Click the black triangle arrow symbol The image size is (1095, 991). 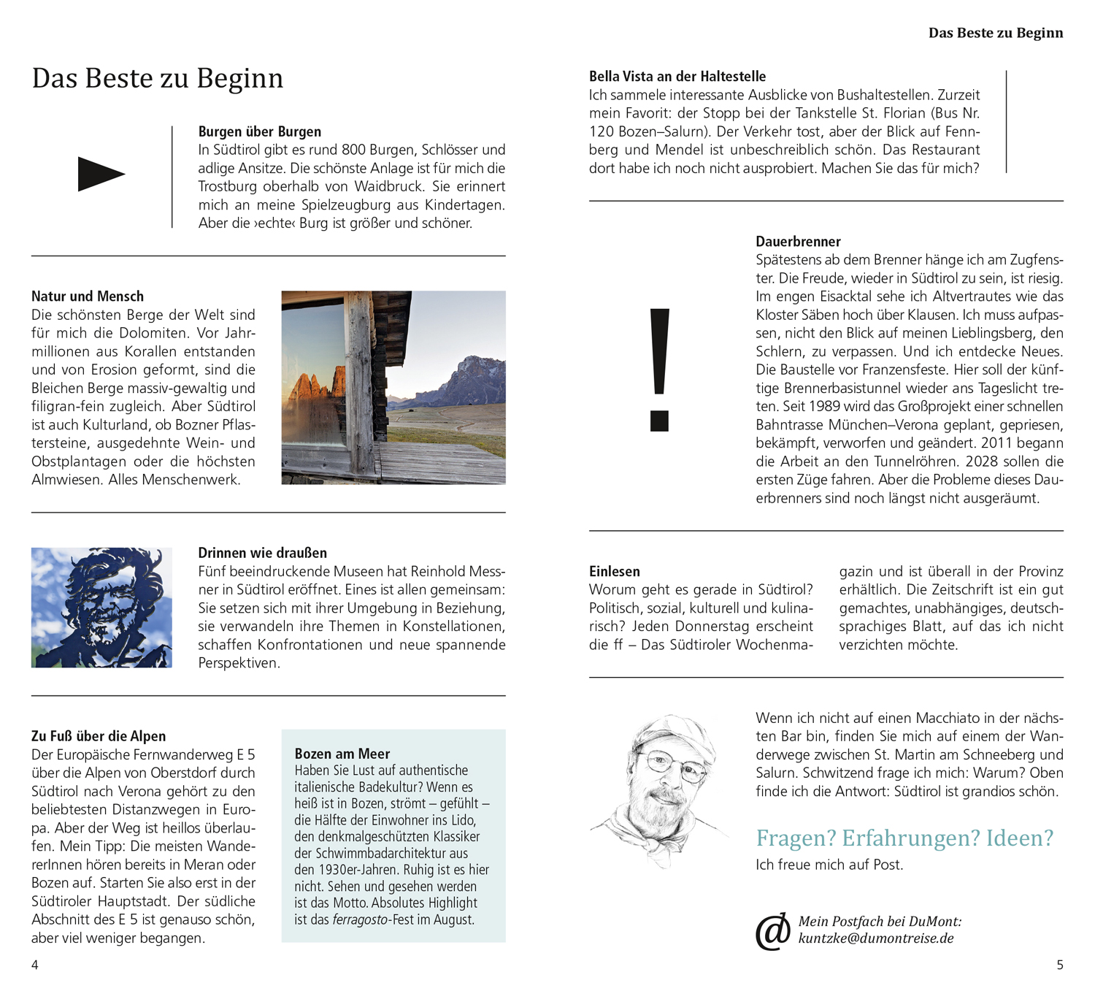[x=101, y=174]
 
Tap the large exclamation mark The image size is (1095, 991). [x=659, y=370]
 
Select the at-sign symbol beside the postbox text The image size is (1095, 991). [x=773, y=931]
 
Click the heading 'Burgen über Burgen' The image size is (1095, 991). [x=259, y=131]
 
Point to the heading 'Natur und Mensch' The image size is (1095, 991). [x=88, y=296]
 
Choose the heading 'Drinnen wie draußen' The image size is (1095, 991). [x=262, y=553]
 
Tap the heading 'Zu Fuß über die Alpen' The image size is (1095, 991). [x=99, y=736]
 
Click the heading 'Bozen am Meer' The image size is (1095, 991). [x=342, y=754]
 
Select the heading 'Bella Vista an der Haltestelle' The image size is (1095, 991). [x=677, y=77]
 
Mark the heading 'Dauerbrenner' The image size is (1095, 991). [x=798, y=242]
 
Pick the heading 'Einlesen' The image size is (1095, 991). [x=614, y=571]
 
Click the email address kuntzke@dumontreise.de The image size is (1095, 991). [x=875, y=938]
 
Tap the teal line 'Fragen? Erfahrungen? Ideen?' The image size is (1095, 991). [x=904, y=838]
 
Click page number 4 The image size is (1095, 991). [x=35, y=965]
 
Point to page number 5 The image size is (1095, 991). [x=1060, y=965]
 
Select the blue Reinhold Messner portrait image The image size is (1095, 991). [x=101, y=608]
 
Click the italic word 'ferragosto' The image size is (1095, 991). [x=361, y=919]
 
